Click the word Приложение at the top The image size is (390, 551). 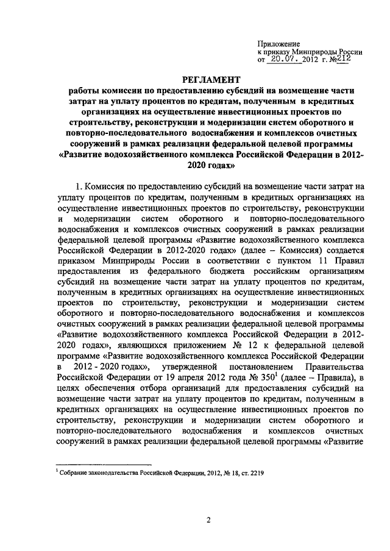280,44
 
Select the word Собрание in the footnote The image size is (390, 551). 73,472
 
